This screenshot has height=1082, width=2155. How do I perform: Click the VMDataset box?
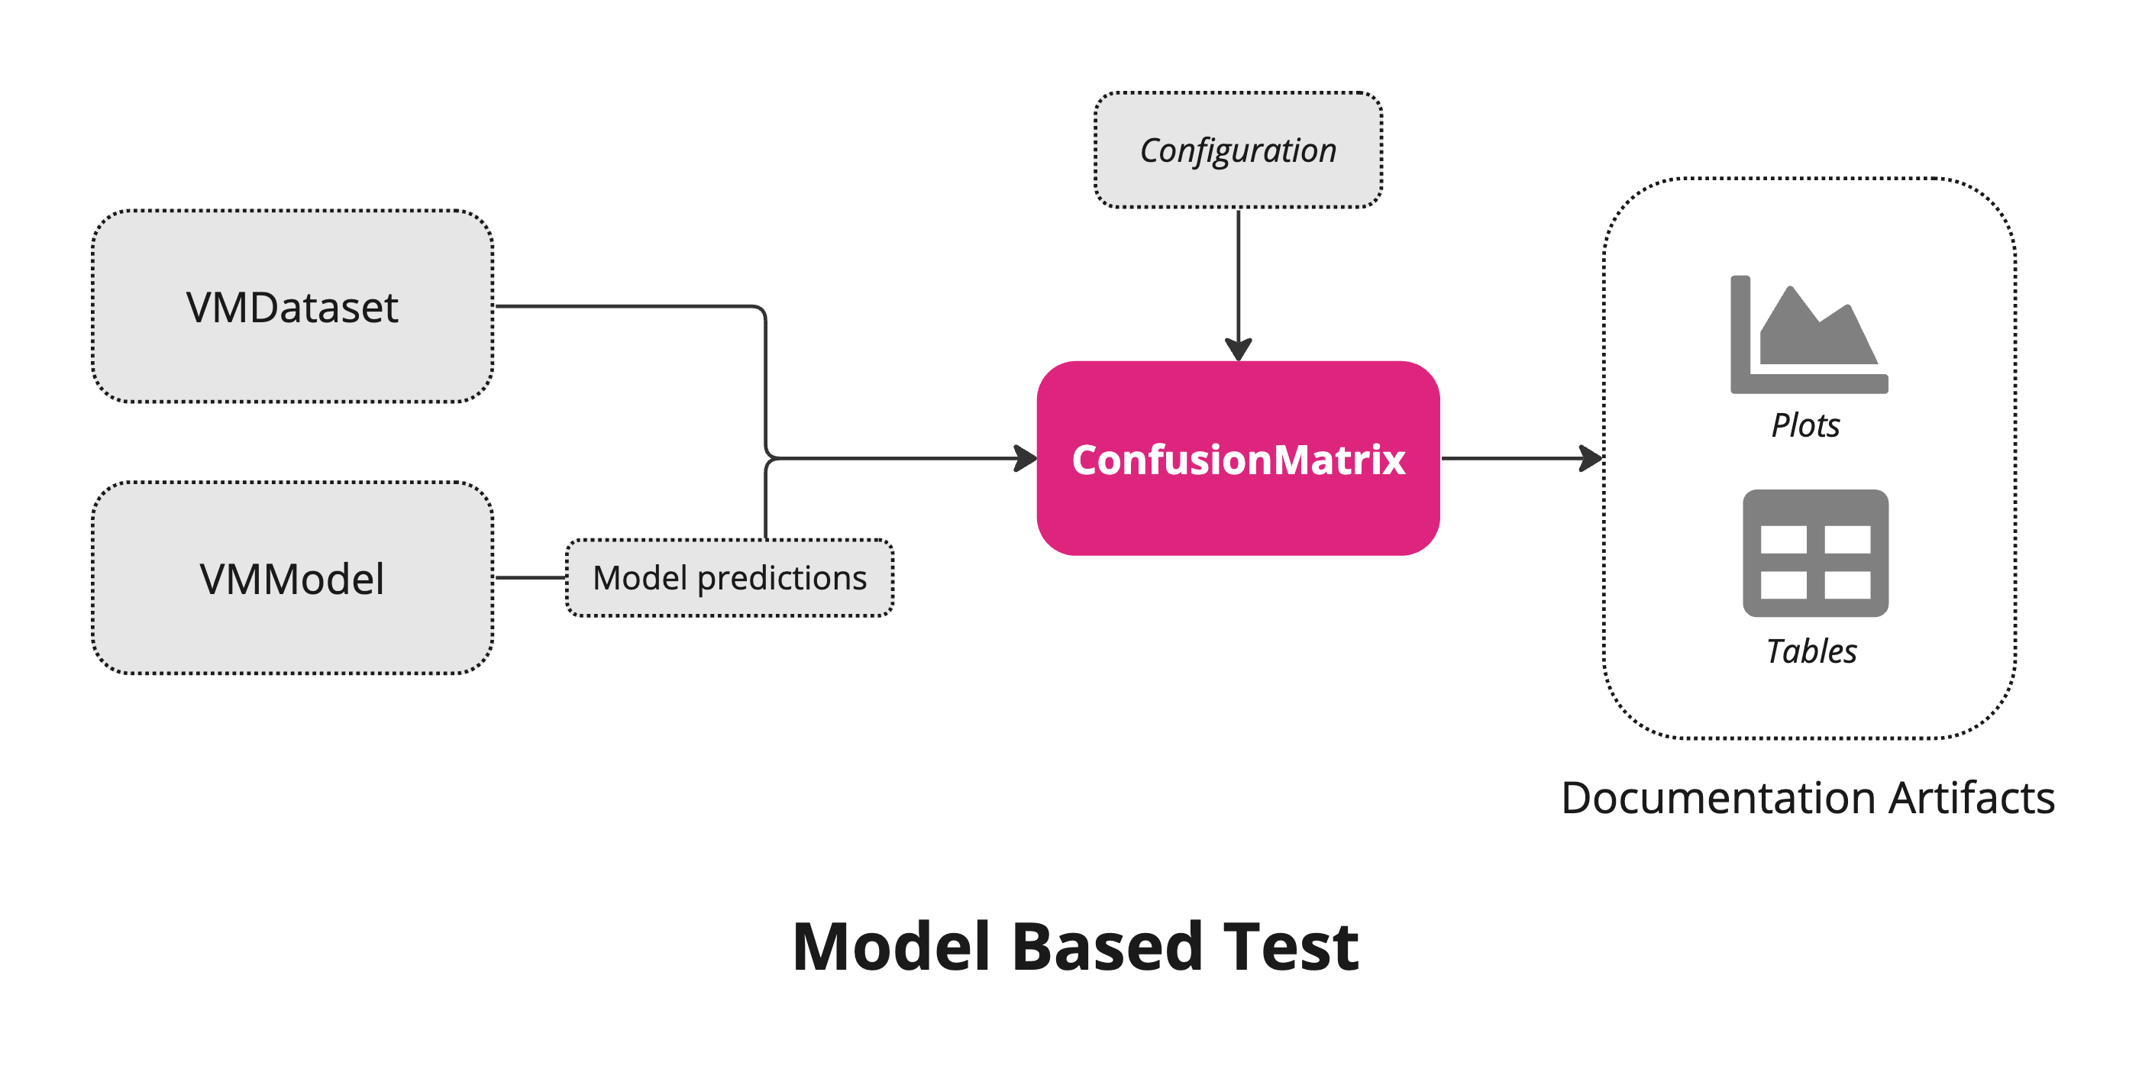coord(292,306)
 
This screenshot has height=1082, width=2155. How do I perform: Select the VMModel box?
coord(292,577)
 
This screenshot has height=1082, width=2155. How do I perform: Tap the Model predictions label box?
coord(729,577)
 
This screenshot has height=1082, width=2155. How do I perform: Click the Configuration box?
coord(1237,150)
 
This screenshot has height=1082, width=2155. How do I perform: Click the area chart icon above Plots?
coord(1808,334)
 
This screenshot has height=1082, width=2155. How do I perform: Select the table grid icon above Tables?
coord(1814,553)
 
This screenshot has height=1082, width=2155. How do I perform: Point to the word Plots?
coord(1804,425)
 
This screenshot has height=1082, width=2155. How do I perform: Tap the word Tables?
coord(1811,651)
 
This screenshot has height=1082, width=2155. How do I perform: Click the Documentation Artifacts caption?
coord(1807,796)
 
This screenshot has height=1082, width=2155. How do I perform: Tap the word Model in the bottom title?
coord(891,946)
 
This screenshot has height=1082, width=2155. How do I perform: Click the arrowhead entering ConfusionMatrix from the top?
coord(1237,350)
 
